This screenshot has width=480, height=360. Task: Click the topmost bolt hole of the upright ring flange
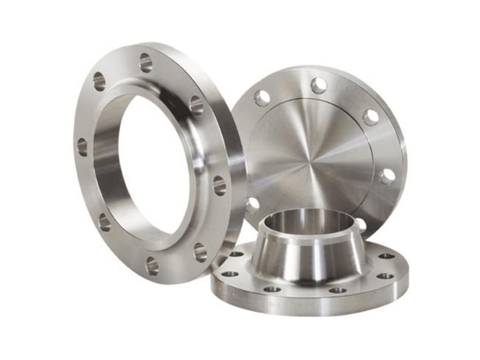146,63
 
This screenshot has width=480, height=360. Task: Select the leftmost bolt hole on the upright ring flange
82,147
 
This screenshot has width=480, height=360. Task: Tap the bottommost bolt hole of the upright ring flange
152,266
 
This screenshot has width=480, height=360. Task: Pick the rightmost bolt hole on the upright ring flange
219,185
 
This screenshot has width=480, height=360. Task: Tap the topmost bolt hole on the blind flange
318,85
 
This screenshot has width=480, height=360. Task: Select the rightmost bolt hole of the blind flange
387,176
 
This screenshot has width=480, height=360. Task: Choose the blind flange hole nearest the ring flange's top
262,98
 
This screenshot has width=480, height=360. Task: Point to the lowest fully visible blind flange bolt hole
252,205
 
